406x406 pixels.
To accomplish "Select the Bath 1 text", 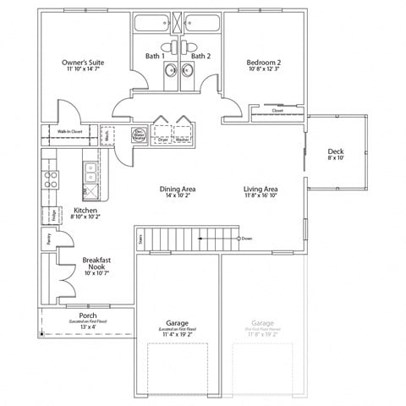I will click(x=153, y=56).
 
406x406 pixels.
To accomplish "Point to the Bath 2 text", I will click(x=200, y=56).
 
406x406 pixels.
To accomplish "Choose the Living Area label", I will click(x=261, y=189).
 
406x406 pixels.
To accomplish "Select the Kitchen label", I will click(x=86, y=210).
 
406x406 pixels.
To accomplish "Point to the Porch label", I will click(x=87, y=315).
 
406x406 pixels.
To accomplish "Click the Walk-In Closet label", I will click(x=69, y=132).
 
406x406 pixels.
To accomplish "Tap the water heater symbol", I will click(x=138, y=133).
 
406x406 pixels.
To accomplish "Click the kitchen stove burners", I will click(x=50, y=178).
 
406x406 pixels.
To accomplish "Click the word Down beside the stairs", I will click(x=247, y=239).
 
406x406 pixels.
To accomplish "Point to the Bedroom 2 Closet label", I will click(x=277, y=111).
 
